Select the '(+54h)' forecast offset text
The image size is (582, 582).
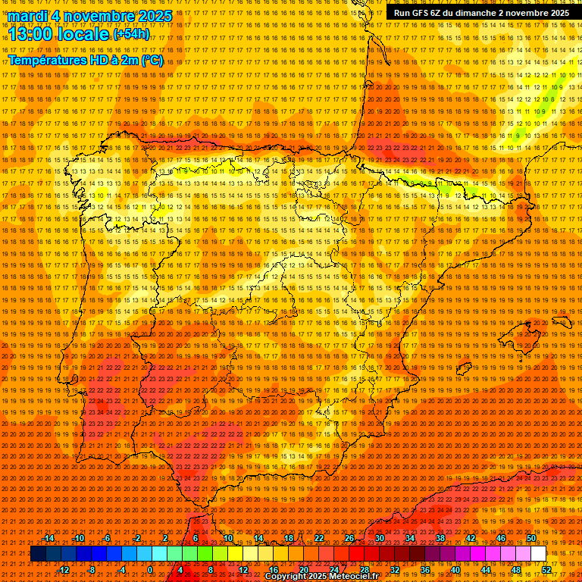pyautogui.click(x=131, y=34)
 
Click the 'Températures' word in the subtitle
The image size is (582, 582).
pyautogui.click(x=47, y=60)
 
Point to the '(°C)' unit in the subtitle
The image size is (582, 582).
pyautogui.click(x=152, y=60)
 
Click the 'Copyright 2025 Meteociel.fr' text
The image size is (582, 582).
pyautogui.click(x=321, y=577)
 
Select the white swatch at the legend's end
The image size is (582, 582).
pyautogui.click(x=539, y=554)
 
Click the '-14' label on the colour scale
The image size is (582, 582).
pyautogui.click(x=48, y=538)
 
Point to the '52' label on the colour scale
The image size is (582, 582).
pyautogui.click(x=546, y=570)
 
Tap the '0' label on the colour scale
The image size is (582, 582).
pyautogui.click(x=150, y=570)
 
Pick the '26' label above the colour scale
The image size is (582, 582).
pyautogui.click(x=349, y=538)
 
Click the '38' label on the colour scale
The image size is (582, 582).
pyautogui.click(x=440, y=538)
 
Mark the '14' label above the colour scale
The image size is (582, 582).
pyautogui.click(x=258, y=538)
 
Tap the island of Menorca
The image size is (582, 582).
pyautogui.click(x=562, y=321)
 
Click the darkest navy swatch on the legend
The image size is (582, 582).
pyautogui.click(x=38, y=554)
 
